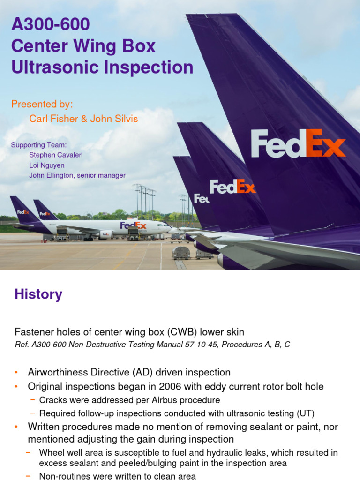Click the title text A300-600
pyautogui.click(x=50, y=24)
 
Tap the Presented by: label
pyautogui.click(x=42, y=104)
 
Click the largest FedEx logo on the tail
pyautogui.click(x=298, y=144)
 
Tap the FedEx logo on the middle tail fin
pyautogui.click(x=232, y=187)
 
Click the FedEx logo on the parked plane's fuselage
pyautogui.click(x=133, y=225)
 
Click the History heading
pyautogui.click(x=38, y=294)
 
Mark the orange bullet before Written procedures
pyautogui.click(x=16, y=427)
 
